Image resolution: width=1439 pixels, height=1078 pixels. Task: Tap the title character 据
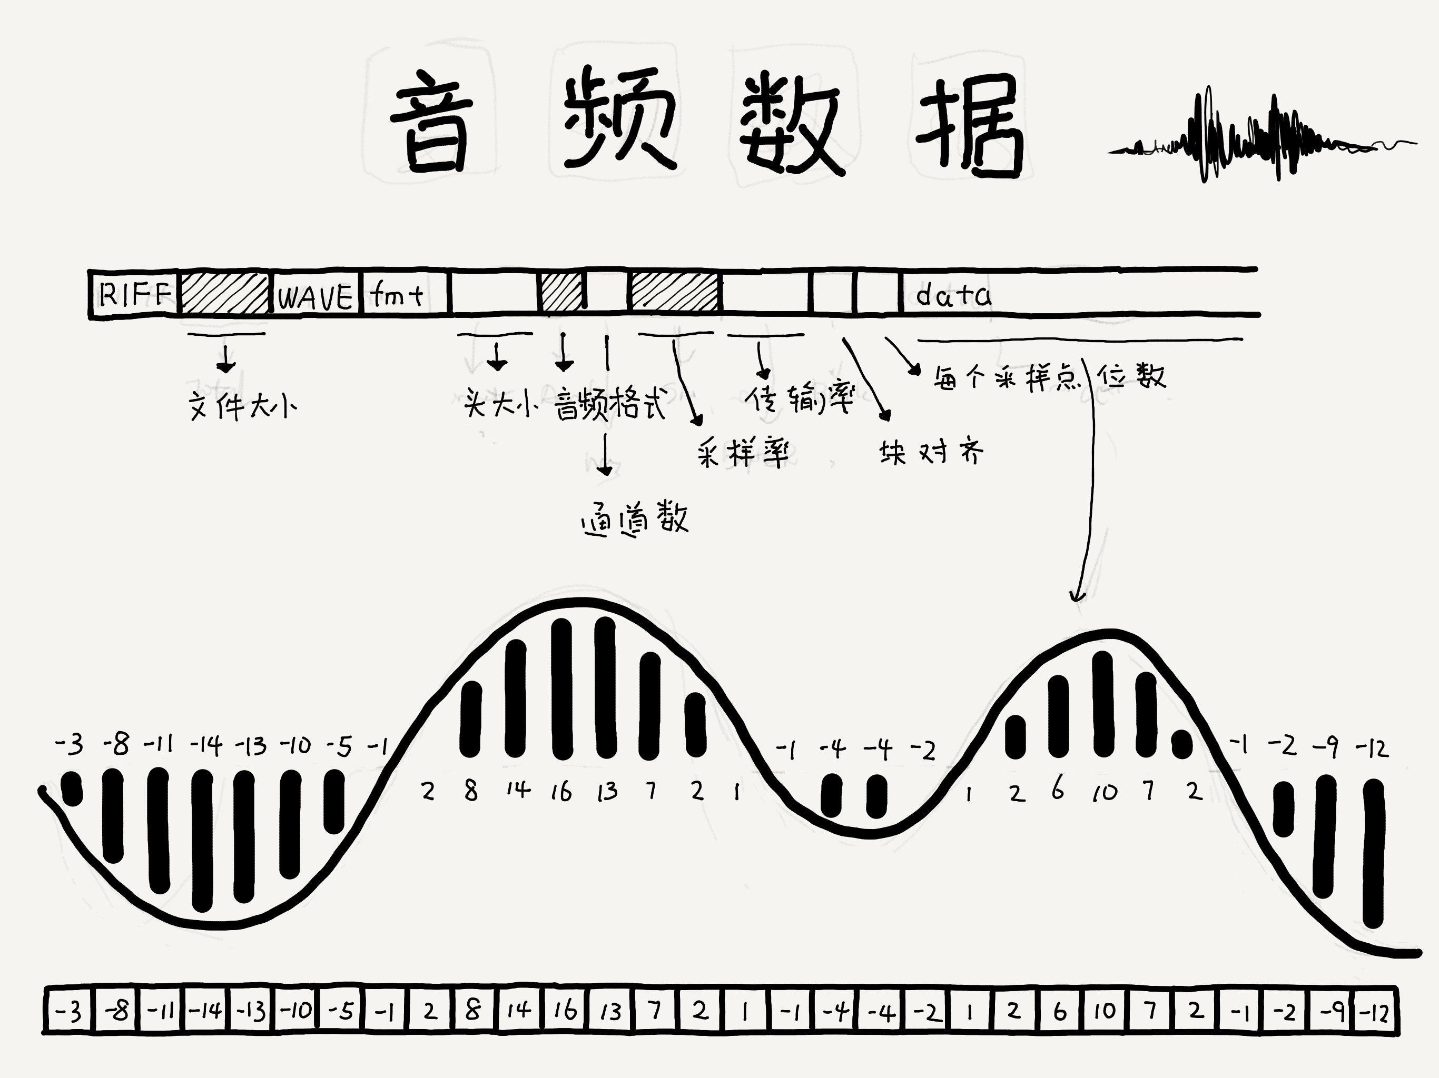pyautogui.click(x=969, y=127)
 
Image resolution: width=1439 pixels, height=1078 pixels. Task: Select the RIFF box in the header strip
pyautogui.click(x=134, y=295)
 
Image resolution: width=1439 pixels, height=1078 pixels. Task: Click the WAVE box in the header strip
pyautogui.click(x=315, y=296)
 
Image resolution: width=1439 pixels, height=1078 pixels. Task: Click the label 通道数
pyautogui.click(x=634, y=518)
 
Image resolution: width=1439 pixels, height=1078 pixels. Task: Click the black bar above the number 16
pyautogui.click(x=561, y=689)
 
